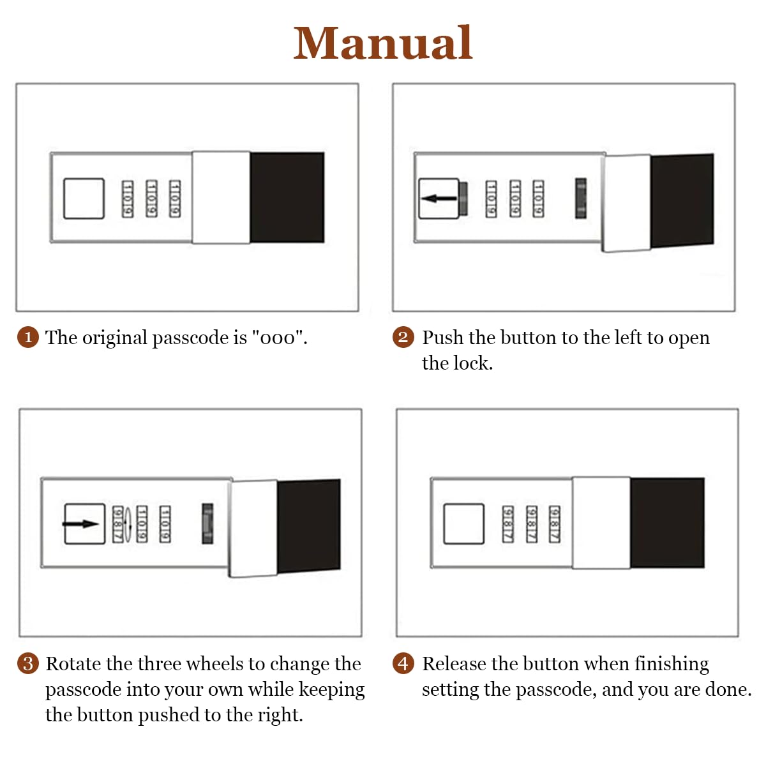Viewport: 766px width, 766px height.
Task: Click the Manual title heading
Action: (x=382, y=43)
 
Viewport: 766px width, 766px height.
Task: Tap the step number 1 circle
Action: (x=28, y=337)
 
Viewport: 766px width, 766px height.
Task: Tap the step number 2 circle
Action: (x=403, y=337)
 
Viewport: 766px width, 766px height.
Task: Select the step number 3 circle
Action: (x=28, y=663)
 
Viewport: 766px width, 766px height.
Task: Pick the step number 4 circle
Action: (x=403, y=663)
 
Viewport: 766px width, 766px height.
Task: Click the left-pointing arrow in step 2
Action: (x=439, y=199)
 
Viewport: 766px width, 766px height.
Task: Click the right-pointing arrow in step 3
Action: (x=82, y=524)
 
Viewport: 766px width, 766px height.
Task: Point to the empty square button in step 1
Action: (x=84, y=199)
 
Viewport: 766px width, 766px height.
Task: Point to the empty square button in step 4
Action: (x=464, y=523)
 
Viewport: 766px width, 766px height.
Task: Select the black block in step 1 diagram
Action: (x=287, y=197)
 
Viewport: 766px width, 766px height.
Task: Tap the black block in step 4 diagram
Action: (x=667, y=522)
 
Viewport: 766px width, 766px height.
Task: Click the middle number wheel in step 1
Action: (x=151, y=199)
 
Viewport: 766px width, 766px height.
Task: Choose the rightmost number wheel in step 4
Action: (x=554, y=523)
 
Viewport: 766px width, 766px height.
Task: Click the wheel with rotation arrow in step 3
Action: (x=119, y=524)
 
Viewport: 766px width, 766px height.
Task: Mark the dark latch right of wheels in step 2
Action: (x=581, y=199)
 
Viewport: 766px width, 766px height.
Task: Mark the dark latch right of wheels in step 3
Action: (x=207, y=523)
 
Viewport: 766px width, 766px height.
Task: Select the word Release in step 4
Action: (x=454, y=664)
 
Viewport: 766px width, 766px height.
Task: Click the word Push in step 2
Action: (x=442, y=338)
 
